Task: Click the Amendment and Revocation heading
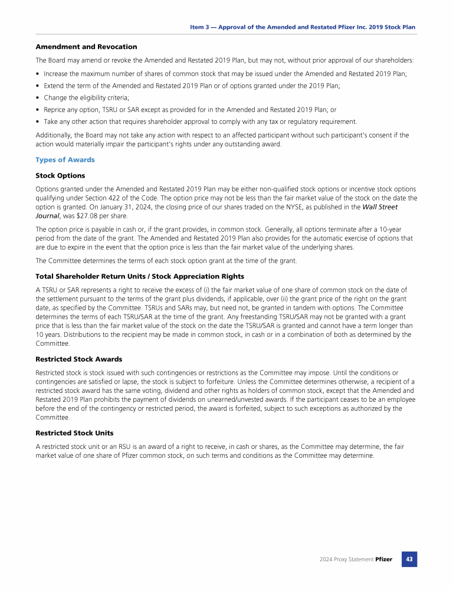pyautogui.click(x=86, y=47)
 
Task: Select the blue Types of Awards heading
pyautogui.click(x=65, y=160)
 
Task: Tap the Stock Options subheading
pyautogui.click(x=60, y=175)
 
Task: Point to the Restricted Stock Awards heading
pyautogui.click(x=78, y=359)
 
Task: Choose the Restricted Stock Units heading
pyautogui.click(x=74, y=432)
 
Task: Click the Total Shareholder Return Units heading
pyautogui.click(x=140, y=276)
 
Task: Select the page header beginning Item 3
pyautogui.click(x=303, y=27)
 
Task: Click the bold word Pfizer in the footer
pyautogui.click(x=383, y=559)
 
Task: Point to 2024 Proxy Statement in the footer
pyautogui.click(x=343, y=559)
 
